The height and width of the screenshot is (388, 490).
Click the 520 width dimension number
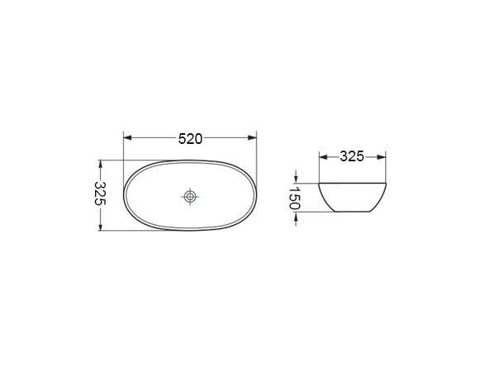[190, 139]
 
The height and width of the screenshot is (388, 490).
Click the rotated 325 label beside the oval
[101, 193]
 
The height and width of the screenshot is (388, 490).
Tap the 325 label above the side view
[352, 156]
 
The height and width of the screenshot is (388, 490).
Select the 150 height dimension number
[294, 198]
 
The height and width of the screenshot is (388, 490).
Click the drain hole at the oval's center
[190, 197]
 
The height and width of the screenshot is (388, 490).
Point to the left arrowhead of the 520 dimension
[127, 137]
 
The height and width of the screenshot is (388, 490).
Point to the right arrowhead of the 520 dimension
[253, 137]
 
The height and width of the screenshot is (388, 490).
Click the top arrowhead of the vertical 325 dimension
[100, 164]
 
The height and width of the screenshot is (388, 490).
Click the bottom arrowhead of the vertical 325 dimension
[100, 227]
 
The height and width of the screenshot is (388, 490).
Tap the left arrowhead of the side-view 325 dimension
[323, 156]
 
